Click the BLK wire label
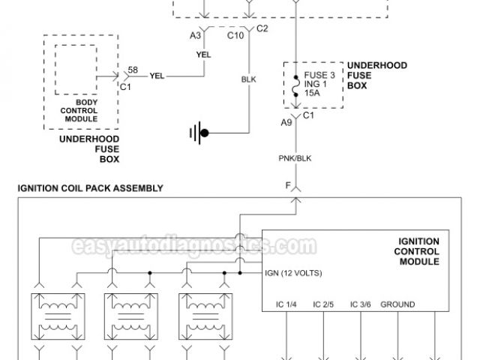click(248, 77)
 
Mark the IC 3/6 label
click(361, 305)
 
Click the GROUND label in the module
click(398, 305)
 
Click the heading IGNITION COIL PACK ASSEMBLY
click(90, 187)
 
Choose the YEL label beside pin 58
click(157, 75)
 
